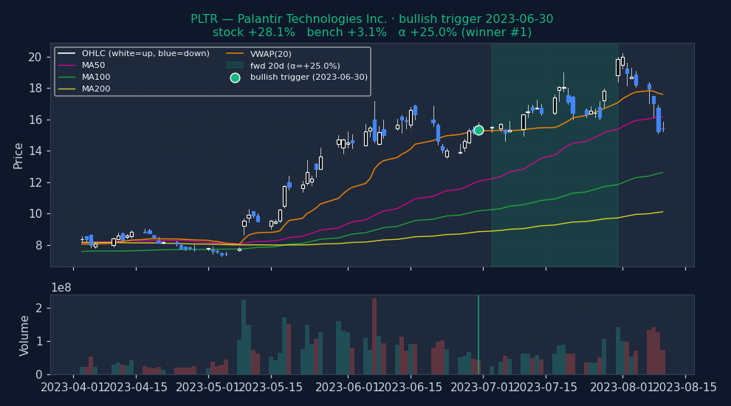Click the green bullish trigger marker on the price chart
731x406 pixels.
[478, 130]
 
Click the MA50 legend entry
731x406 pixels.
[93, 65]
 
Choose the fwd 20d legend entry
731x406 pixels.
[295, 65]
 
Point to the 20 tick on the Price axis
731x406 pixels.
[34, 57]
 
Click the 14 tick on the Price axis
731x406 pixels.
[34, 151]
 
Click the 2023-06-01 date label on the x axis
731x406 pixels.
[343, 388]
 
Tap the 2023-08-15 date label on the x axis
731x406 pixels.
[685, 388]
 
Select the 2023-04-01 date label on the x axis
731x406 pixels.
[73, 388]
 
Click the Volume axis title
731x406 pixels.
[25, 335]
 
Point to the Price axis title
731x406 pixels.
[18, 155]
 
